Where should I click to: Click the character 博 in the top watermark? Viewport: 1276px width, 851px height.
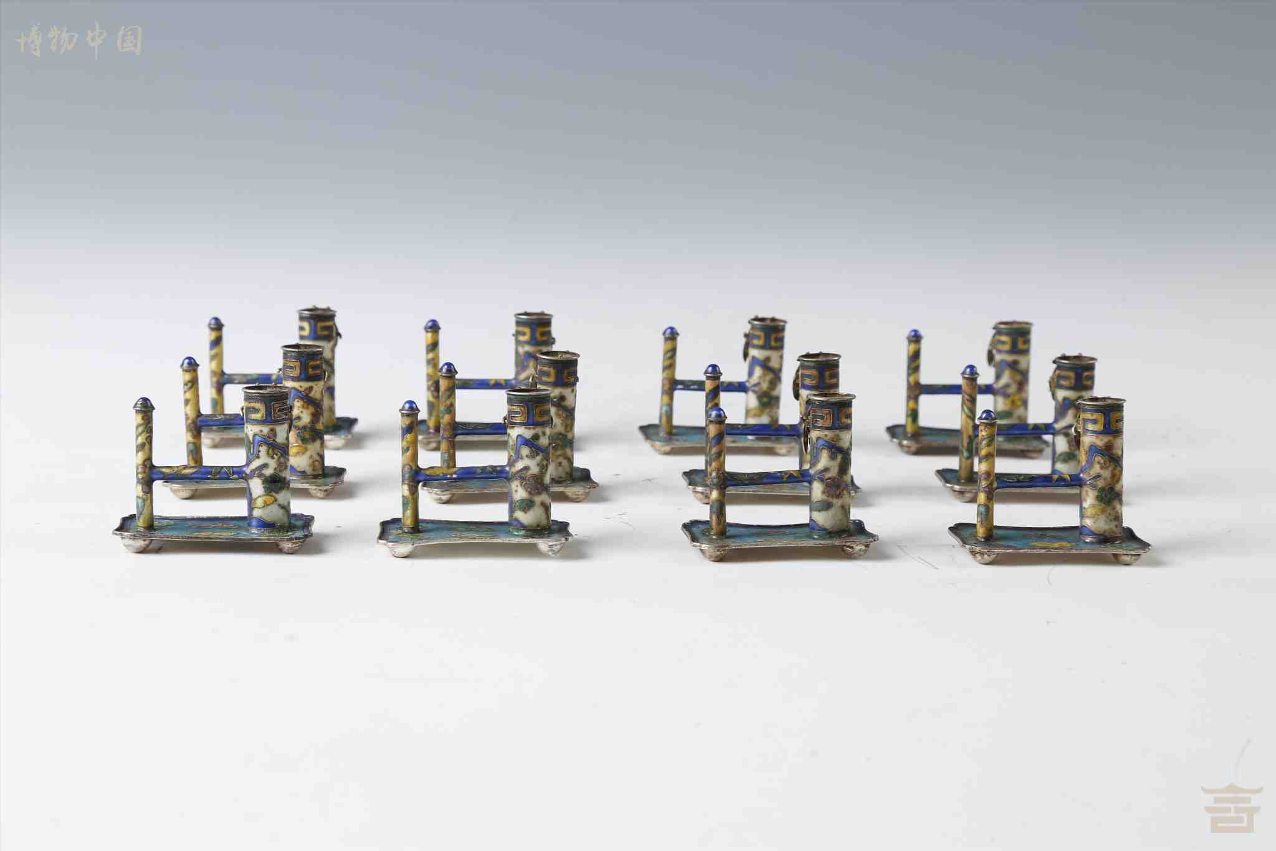click(29, 41)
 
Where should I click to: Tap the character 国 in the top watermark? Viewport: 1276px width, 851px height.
click(130, 40)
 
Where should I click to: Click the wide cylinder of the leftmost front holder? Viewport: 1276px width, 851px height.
click(266, 457)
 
